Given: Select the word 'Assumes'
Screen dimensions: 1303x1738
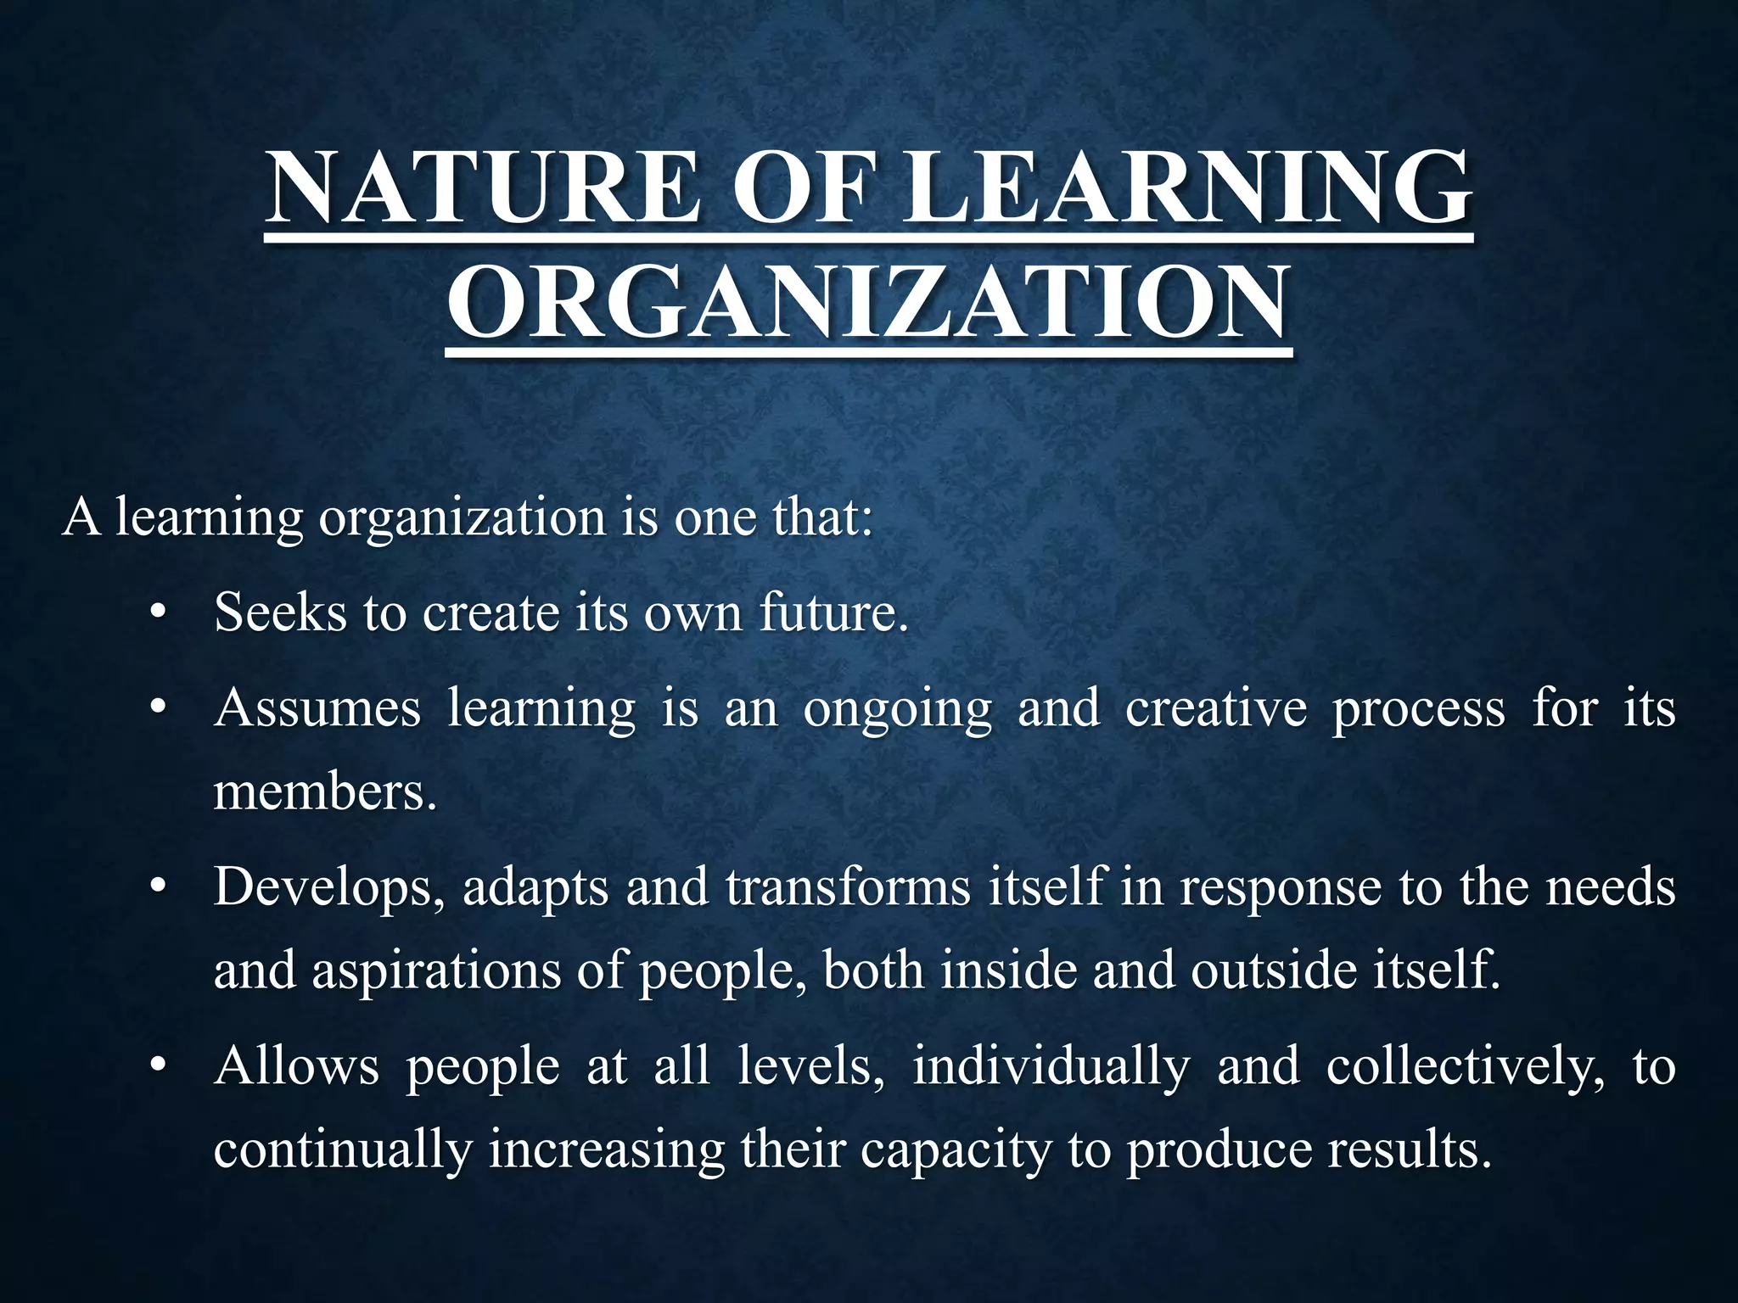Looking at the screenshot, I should point(317,707).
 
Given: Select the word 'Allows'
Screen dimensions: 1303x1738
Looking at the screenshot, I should point(296,1066).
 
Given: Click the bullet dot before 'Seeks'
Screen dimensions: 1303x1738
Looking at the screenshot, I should point(156,612).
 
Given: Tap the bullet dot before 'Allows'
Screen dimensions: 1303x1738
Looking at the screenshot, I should point(156,1067).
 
